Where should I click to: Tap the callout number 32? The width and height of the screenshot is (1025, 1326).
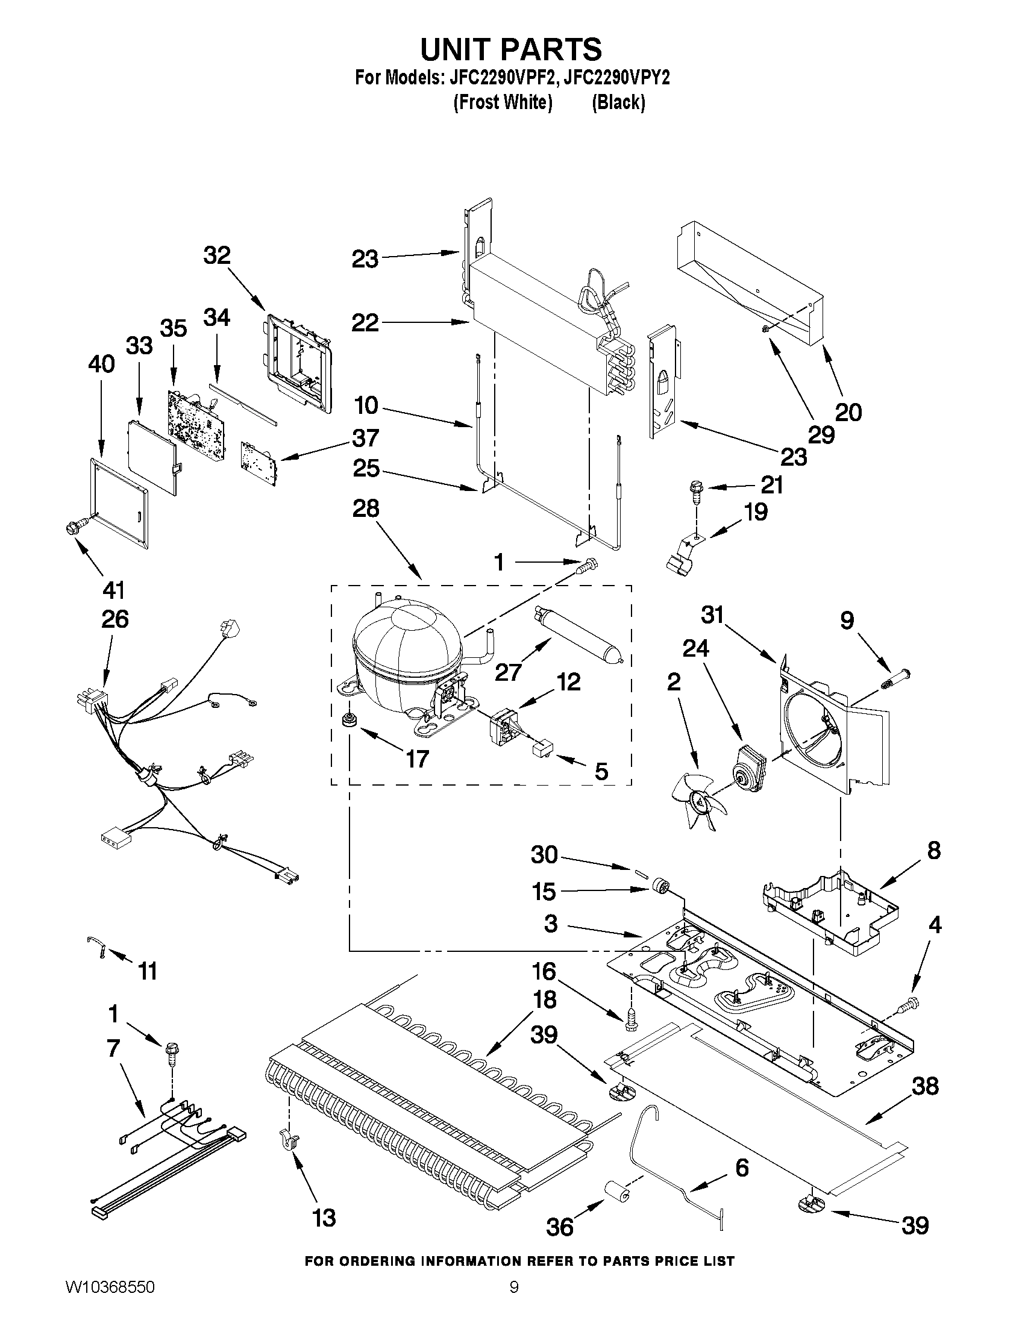tap(217, 255)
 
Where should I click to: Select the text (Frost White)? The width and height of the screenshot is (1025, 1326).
tap(503, 102)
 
